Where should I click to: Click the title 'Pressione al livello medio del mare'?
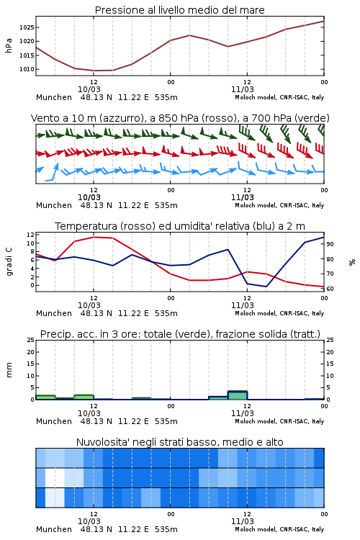pyautogui.click(x=179, y=10)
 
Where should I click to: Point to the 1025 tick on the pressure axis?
pyautogui.click(x=27, y=27)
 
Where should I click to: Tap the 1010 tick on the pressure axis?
pyautogui.click(x=27, y=69)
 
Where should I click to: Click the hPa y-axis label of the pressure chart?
pyautogui.click(x=9, y=45)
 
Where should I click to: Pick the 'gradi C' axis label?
pyautogui.click(x=9, y=262)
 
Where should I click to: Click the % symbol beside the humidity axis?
pyautogui.click(x=352, y=262)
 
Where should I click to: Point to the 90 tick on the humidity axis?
pyautogui.click(x=330, y=244)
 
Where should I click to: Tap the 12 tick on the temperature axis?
pyautogui.click(x=30, y=235)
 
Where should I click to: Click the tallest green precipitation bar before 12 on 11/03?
pyautogui.click(x=238, y=395)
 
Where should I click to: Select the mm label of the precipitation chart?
pyautogui.click(x=9, y=370)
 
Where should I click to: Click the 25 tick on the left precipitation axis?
pyautogui.click(x=30, y=341)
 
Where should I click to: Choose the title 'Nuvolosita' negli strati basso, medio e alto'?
pyautogui.click(x=179, y=442)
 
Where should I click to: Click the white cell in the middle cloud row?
pyautogui.click(x=55, y=477)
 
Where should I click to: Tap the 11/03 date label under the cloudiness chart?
pyautogui.click(x=242, y=521)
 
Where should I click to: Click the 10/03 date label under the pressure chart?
pyautogui.click(x=89, y=89)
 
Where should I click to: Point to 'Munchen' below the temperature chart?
pyautogui.click(x=54, y=313)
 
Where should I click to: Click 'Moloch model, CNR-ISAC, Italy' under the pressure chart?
pyautogui.click(x=279, y=97)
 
